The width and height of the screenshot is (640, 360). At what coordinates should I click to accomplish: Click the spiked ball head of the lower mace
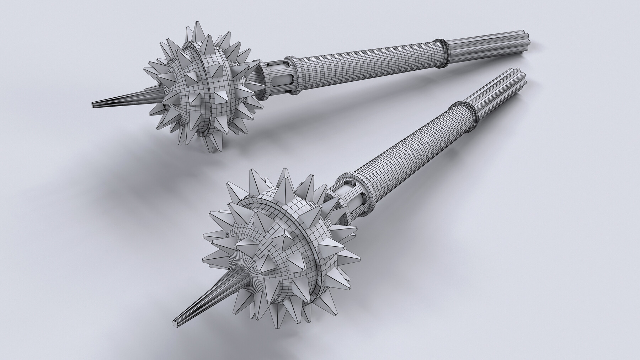click(x=281, y=249)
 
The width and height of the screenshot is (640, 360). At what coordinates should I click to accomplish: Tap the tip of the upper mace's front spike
click(x=94, y=105)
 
